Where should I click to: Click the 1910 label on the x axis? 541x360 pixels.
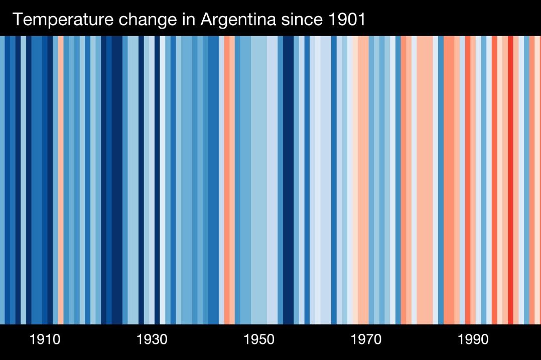45,340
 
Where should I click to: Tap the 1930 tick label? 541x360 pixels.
152,340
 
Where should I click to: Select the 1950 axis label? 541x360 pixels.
259,340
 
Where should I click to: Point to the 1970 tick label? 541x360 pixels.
366,340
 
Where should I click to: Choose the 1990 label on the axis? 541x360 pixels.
473,340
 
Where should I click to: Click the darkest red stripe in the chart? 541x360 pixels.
510,181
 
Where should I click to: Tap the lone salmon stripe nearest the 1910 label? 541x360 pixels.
61,181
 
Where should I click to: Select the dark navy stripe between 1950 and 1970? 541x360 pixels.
288,181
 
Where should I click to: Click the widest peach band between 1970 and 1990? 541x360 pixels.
425,181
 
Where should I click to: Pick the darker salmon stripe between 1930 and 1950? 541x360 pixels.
226,181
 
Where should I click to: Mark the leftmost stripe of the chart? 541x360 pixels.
2,181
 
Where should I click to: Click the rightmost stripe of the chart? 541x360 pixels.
537,181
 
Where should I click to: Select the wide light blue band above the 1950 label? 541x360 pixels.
258,181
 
